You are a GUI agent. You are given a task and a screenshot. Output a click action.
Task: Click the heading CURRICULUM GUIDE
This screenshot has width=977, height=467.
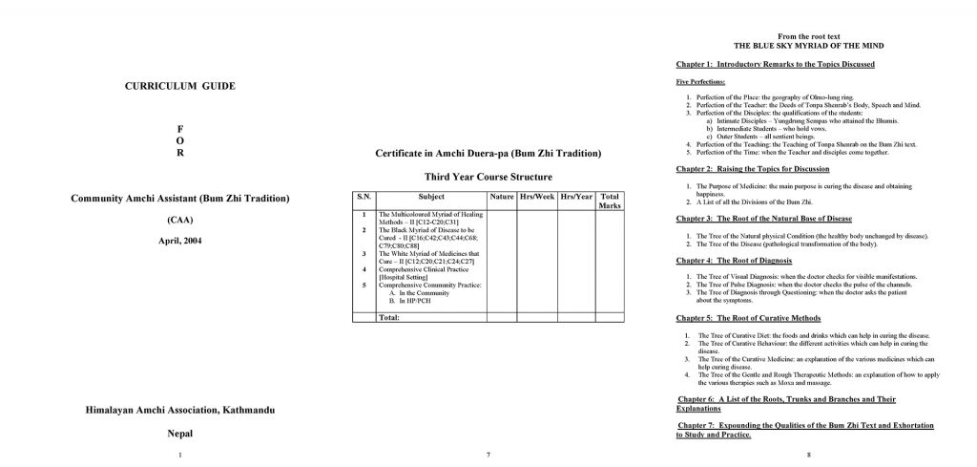179,87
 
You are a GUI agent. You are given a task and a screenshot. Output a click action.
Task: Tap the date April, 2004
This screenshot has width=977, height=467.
180,241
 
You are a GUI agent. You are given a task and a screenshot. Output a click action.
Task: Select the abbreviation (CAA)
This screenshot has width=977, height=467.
179,221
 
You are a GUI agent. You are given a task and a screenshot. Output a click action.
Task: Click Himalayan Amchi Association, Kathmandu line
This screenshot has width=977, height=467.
180,410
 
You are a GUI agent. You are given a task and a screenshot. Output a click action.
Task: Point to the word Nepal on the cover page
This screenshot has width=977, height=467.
180,433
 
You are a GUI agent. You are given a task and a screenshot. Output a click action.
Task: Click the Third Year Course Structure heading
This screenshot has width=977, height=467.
488,177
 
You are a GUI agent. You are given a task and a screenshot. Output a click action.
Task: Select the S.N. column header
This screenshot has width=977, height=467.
363,197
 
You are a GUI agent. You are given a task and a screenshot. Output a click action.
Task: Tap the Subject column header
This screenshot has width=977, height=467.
430,197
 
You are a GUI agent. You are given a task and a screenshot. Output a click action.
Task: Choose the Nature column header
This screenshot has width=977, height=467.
501,197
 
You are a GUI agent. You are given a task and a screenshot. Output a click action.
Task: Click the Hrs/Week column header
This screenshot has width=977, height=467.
538,197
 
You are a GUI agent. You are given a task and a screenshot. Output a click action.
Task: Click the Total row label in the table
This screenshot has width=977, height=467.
389,317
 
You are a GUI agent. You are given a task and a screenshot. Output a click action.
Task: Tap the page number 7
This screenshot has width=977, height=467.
488,454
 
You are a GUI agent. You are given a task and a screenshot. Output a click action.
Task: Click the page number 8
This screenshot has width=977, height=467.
808,454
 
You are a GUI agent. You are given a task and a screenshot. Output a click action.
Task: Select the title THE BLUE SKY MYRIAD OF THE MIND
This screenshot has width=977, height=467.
808,45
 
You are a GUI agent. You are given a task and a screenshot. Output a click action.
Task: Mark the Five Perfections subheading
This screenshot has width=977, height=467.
700,82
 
